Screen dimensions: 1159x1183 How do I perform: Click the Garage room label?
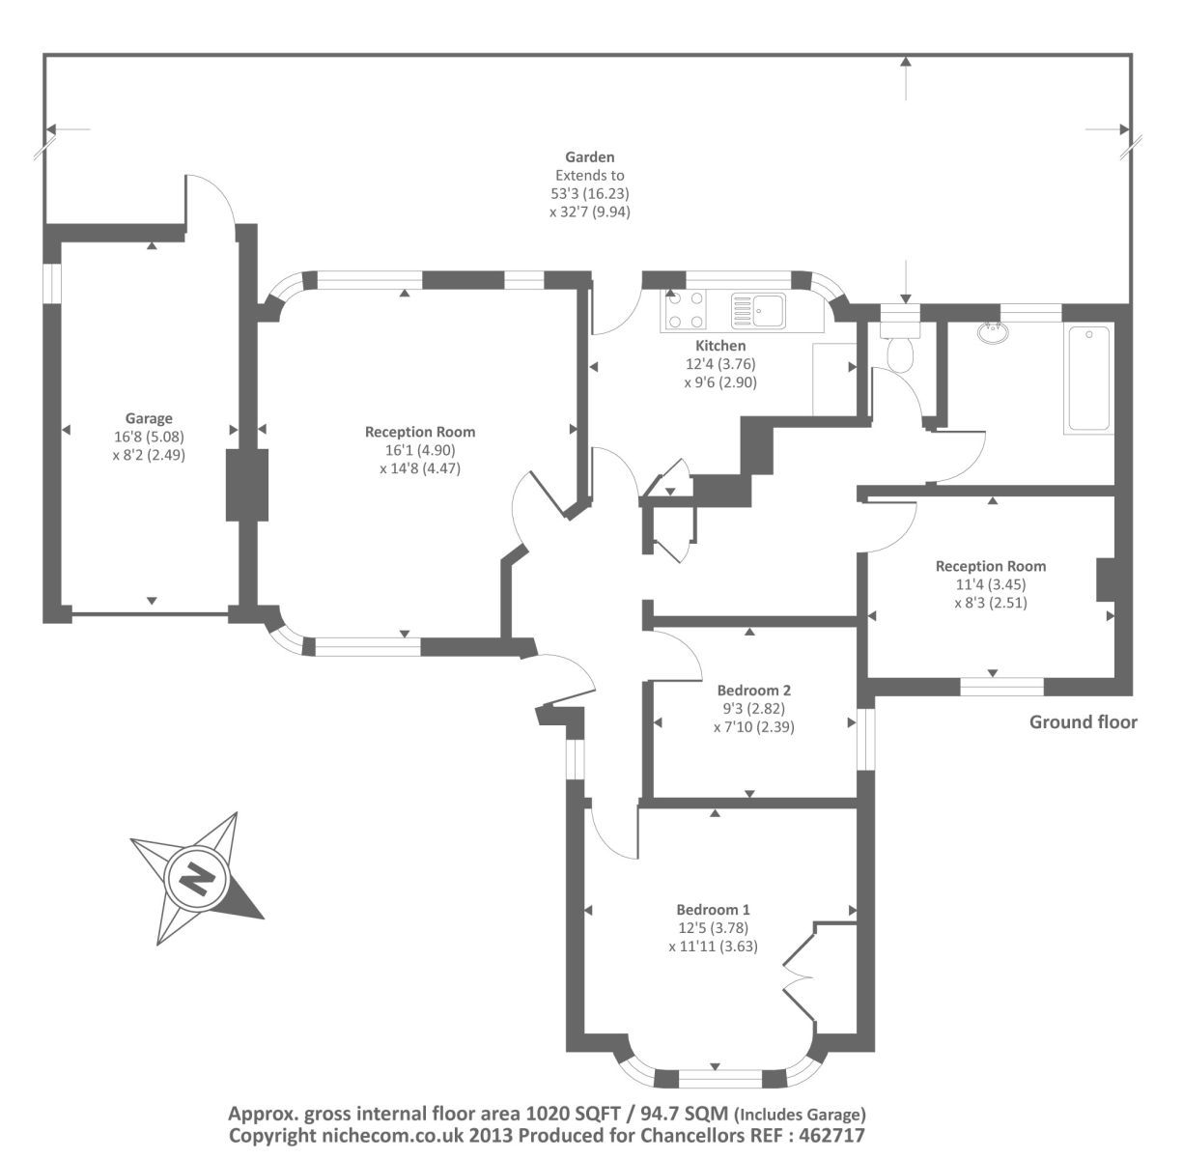coord(149,418)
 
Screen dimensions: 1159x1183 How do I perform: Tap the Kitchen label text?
coord(720,346)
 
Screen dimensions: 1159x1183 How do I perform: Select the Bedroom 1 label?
coord(713,910)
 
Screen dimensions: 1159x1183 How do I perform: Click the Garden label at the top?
coord(589,157)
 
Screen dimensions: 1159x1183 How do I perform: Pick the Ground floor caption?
coord(1083,721)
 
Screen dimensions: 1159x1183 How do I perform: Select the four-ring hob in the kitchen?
coord(685,311)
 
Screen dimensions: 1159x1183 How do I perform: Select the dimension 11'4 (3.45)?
coord(990,584)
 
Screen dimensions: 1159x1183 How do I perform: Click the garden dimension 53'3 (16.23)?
coord(589,193)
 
